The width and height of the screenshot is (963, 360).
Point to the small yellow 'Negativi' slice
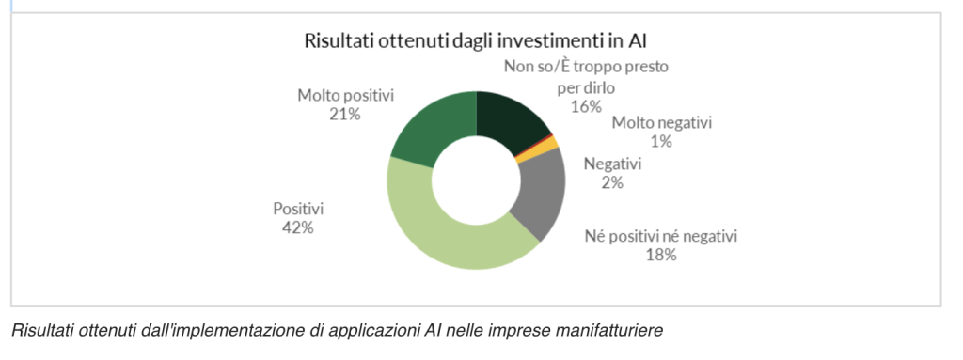point(551,147)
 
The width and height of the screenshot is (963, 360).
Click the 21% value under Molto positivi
point(344,114)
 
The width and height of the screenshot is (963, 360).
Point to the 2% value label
point(612,181)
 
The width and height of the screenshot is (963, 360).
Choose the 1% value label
point(662,141)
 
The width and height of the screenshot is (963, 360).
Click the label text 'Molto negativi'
point(662,123)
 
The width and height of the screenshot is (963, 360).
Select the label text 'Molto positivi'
point(344,95)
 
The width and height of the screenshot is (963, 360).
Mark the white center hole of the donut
point(478,181)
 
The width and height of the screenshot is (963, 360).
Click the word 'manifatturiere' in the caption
point(619,330)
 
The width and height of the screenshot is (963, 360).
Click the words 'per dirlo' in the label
point(584,86)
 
